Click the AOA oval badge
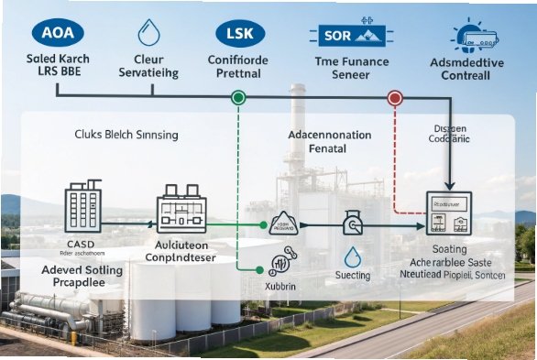pyautogui.click(x=57, y=33)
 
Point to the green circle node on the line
pyautogui.click(x=238, y=96)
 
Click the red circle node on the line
pyautogui.click(x=395, y=96)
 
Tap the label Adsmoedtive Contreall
pyautogui.click(x=467, y=70)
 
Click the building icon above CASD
pyautogui.click(x=82, y=210)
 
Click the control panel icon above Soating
pyautogui.click(x=449, y=214)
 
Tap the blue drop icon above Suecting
pyautogui.click(x=353, y=254)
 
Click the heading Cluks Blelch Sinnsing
pyautogui.click(x=126, y=135)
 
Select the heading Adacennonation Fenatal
pyautogui.click(x=329, y=141)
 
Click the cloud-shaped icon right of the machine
pyautogui.click(x=284, y=225)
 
